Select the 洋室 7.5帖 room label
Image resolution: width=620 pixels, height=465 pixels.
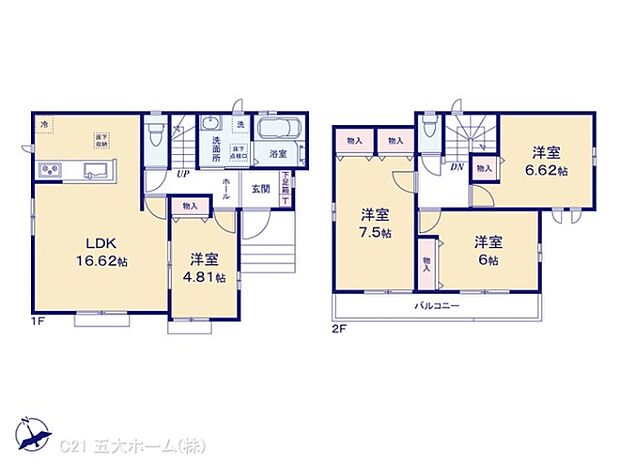click(x=375, y=223)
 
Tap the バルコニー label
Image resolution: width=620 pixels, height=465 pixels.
click(x=438, y=304)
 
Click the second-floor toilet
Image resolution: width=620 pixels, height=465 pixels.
click(x=429, y=130)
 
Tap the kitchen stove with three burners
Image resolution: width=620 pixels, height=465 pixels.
click(x=52, y=170)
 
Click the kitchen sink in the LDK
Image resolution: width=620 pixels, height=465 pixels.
click(x=96, y=168)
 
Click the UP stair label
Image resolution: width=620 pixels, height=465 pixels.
click(x=182, y=174)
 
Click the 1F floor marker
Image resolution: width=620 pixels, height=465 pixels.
click(x=37, y=323)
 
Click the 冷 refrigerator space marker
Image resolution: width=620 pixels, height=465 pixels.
click(x=44, y=123)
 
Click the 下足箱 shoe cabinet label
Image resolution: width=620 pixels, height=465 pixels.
click(x=285, y=182)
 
